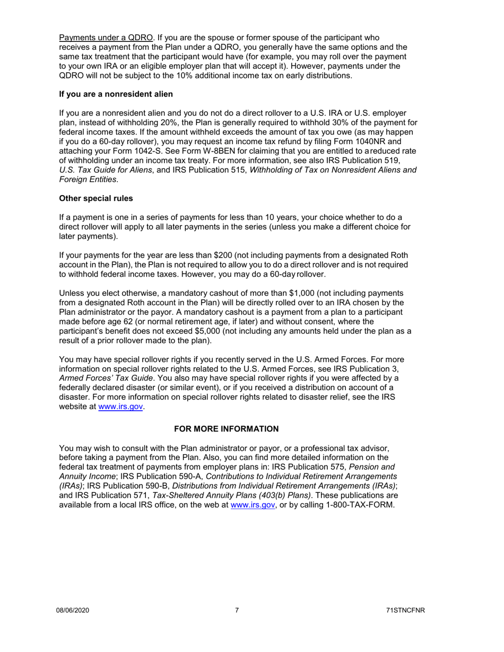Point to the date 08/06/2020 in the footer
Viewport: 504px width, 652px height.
pyautogui.click(x=73, y=611)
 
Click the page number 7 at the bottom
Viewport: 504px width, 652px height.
pyautogui.click(x=237, y=611)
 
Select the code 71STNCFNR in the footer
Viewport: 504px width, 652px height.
pyautogui.click(x=406, y=611)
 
